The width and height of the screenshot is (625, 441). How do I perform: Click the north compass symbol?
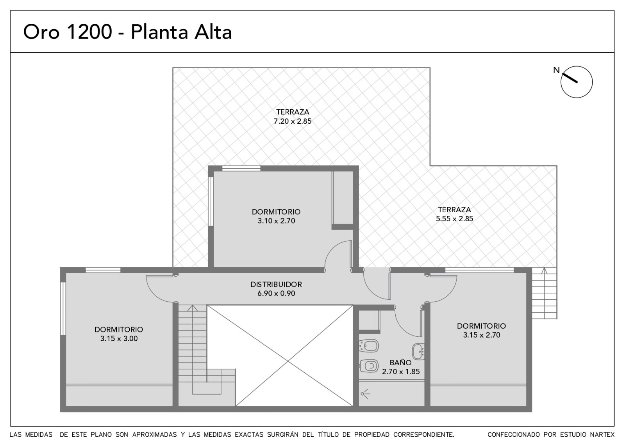[x=577, y=82]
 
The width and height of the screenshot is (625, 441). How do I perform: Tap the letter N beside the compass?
[x=556, y=70]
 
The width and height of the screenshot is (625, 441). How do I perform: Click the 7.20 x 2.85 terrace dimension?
[x=293, y=121]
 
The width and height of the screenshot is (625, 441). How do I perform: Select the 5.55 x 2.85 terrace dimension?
[x=455, y=219]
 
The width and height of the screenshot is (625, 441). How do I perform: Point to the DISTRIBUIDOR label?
[x=276, y=285]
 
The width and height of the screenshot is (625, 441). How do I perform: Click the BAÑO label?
[x=400, y=363]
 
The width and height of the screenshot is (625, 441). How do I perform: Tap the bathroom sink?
[x=418, y=352]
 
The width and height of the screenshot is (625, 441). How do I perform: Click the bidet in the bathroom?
[x=369, y=346]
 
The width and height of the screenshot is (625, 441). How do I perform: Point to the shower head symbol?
[x=365, y=394]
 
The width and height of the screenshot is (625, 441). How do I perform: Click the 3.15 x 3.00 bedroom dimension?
[x=119, y=338]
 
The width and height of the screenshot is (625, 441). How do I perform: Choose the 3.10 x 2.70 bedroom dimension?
[x=276, y=221]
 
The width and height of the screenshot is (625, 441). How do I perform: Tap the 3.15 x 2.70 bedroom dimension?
[x=482, y=335]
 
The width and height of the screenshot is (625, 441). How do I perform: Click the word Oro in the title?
[x=41, y=32]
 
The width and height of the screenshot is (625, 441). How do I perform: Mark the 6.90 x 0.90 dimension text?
[x=276, y=293]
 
